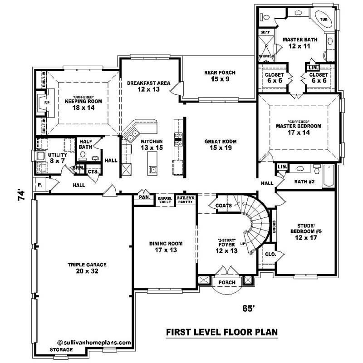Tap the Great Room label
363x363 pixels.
tap(220, 145)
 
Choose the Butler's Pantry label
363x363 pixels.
tap(185, 200)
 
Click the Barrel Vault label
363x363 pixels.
tap(165, 200)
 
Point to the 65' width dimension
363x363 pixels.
tap(247, 309)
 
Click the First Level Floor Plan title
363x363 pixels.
tap(221, 332)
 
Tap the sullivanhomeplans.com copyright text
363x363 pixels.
tap(94, 343)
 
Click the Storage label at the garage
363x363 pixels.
tap(61, 350)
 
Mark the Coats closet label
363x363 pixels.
tap(224, 206)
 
